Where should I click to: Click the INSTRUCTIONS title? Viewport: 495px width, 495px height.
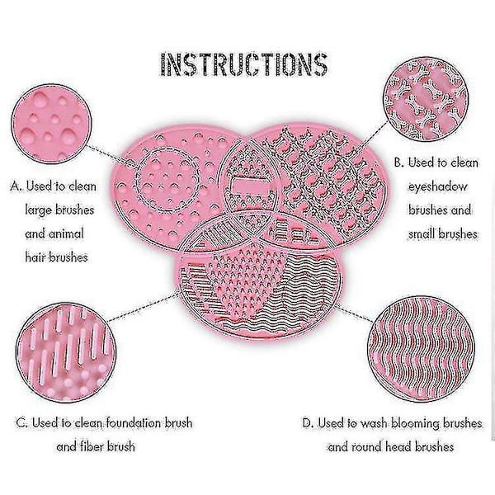point(244,64)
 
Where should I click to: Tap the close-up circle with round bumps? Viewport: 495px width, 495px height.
point(51,124)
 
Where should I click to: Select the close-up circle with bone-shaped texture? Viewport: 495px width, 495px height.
point(426,98)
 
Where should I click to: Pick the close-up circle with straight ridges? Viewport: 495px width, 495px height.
point(66,352)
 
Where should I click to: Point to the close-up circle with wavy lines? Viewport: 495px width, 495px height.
point(422,349)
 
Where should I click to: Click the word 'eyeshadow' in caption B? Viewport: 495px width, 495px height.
point(438,186)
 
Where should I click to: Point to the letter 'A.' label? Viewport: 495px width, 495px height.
point(16,186)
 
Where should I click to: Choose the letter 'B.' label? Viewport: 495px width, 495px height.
point(399,163)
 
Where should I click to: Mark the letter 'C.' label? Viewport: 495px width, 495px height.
point(22,422)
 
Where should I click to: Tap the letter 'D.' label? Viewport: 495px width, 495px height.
point(308,422)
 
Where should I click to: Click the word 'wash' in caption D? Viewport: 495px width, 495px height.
point(374,423)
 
